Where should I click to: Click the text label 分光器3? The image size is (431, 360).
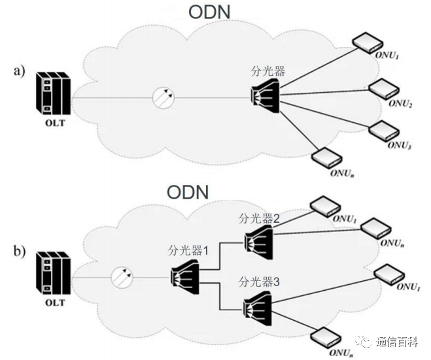point(260,282)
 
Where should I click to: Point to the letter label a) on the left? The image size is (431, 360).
point(20,71)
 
